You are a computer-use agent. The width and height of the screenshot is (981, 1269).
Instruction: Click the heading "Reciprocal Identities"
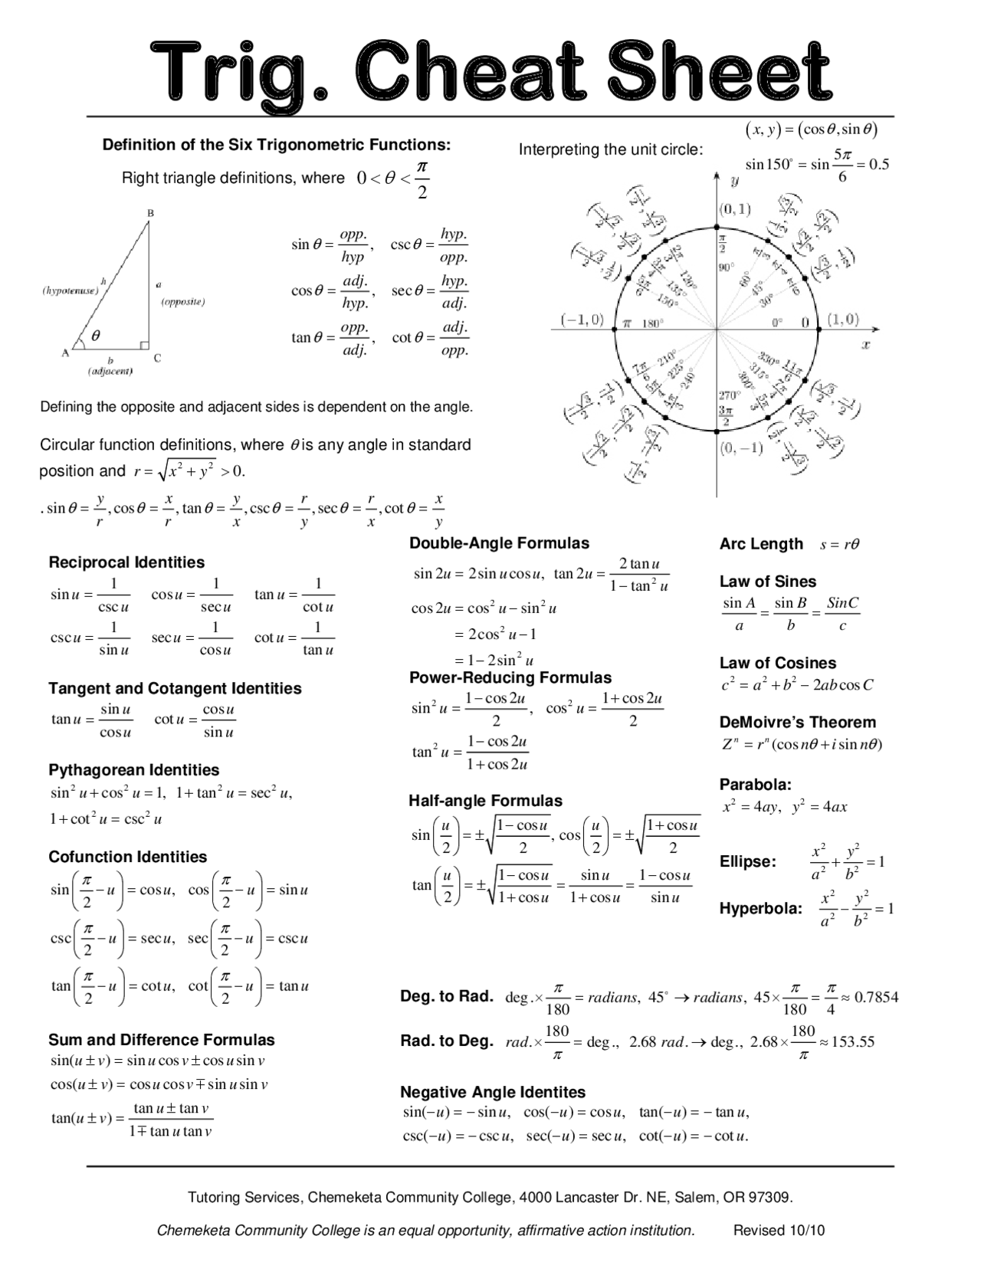coord(126,562)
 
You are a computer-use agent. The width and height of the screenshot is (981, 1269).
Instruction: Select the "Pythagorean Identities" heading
coord(133,770)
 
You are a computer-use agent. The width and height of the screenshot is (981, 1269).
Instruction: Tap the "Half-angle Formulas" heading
coord(485,801)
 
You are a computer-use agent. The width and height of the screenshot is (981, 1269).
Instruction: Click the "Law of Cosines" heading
coord(777,664)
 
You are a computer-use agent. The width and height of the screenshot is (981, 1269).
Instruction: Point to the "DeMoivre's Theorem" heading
coord(797,723)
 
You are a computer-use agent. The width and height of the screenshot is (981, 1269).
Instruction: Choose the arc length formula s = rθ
coord(839,545)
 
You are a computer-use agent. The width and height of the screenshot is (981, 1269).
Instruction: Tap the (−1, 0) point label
coord(582,320)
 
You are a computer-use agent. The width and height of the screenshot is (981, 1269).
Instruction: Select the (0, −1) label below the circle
coord(740,448)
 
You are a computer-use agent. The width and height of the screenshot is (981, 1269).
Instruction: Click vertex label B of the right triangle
coord(150,212)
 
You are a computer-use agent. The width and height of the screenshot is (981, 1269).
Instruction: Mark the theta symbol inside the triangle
coord(96,336)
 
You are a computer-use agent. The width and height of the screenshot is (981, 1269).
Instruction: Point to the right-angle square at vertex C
coord(144,346)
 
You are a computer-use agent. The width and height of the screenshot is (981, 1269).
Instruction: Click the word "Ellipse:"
coord(747,862)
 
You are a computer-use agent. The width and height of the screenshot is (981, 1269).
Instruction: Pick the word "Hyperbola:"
coord(760,910)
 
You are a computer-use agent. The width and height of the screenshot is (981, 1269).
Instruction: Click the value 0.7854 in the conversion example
coord(876,998)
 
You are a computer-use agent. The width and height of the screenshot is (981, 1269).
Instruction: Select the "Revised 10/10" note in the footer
coord(779,1231)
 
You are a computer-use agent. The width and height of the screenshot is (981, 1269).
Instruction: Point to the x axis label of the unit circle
coord(866,345)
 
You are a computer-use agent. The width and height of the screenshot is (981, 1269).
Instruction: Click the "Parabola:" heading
coord(755,785)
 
